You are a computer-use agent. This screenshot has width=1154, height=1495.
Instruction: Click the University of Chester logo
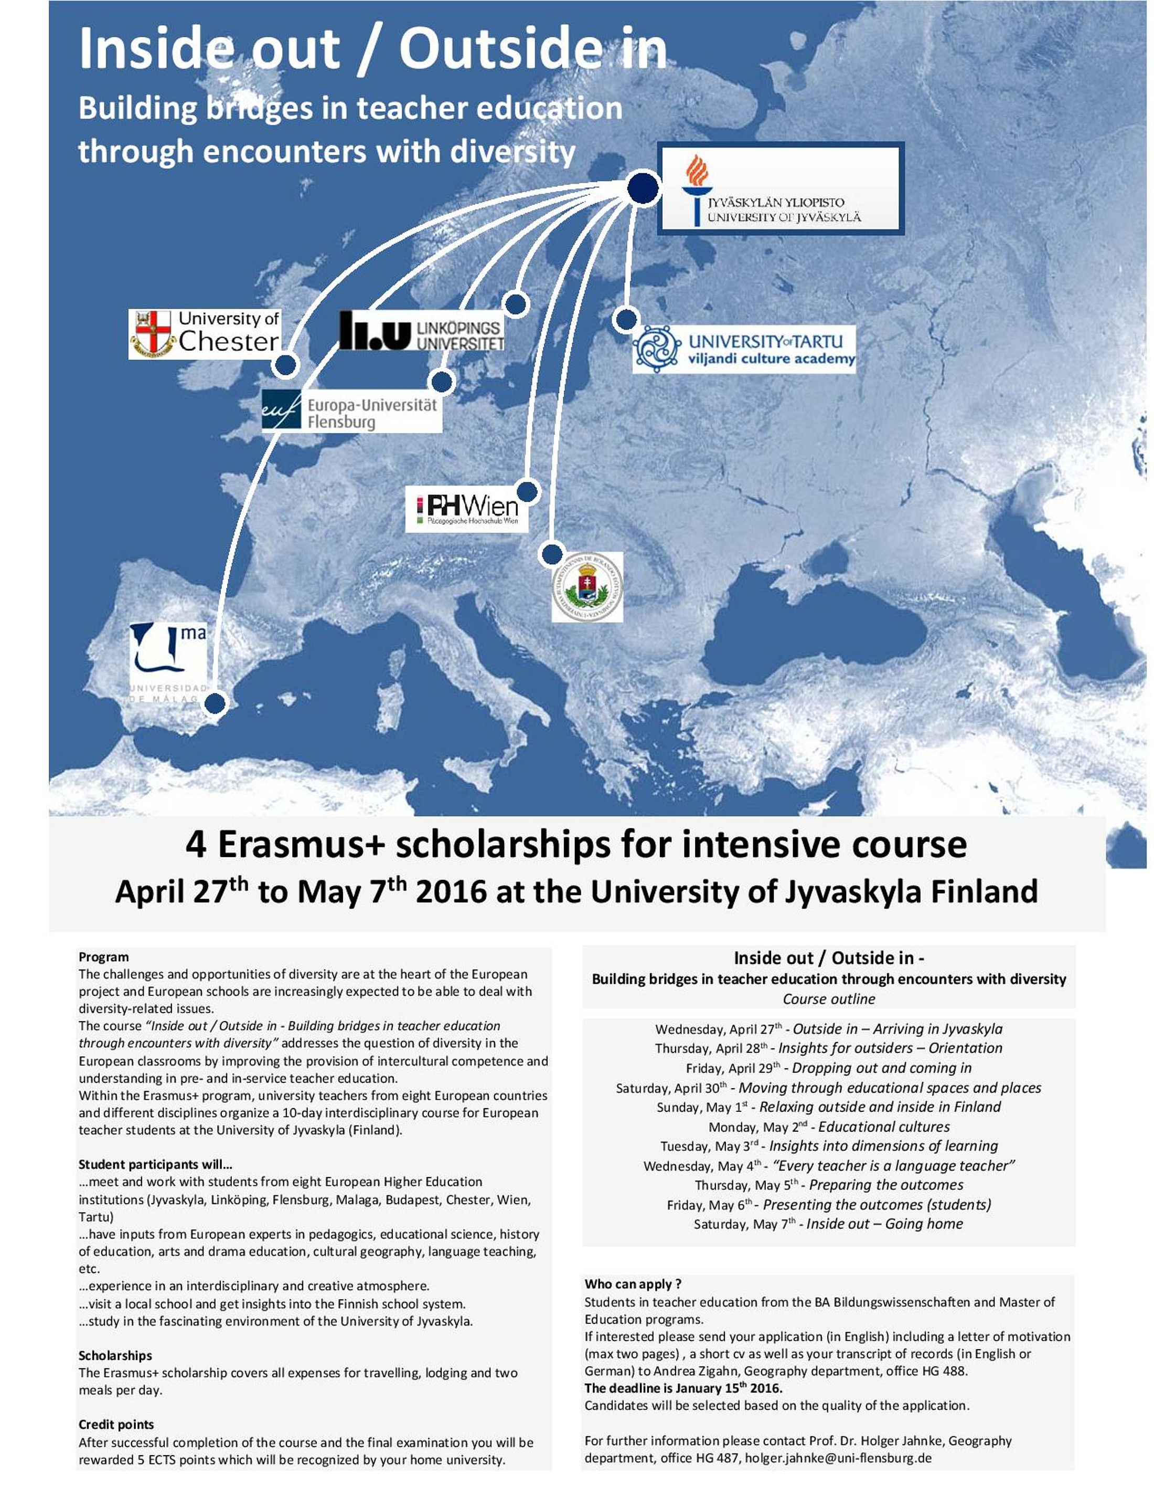pyautogui.click(x=205, y=334)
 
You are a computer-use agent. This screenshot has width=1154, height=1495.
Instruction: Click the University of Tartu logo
pyautogui.click(x=744, y=349)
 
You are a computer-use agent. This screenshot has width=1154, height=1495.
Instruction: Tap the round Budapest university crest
pyautogui.click(x=587, y=587)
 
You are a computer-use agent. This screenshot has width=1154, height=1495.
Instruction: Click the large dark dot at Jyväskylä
pyautogui.click(x=643, y=188)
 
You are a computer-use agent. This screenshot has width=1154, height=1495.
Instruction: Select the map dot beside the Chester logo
pyautogui.click(x=285, y=365)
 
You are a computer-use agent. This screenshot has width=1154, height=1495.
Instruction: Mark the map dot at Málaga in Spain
pyautogui.click(x=216, y=703)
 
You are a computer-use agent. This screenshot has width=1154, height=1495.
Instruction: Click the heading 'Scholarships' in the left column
pyautogui.click(x=115, y=1355)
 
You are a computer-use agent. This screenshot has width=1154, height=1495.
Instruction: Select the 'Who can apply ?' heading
pyautogui.click(x=633, y=1283)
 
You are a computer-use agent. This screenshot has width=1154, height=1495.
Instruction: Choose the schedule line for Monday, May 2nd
pyautogui.click(x=828, y=1126)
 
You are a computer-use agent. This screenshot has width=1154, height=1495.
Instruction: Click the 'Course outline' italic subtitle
pyautogui.click(x=828, y=999)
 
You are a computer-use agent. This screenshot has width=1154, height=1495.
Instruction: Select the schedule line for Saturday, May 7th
pyautogui.click(x=828, y=1224)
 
